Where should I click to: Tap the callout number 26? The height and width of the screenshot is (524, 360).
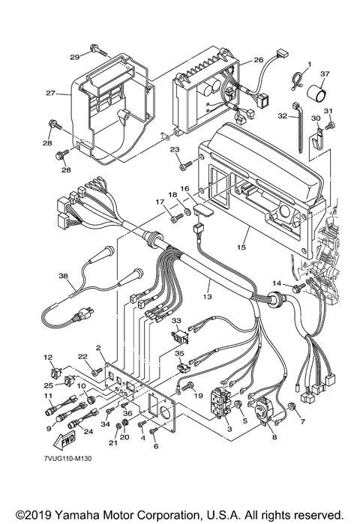[x=259, y=60]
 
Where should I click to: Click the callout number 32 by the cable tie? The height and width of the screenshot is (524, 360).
[x=283, y=116]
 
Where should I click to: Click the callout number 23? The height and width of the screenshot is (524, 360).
[x=175, y=149]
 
